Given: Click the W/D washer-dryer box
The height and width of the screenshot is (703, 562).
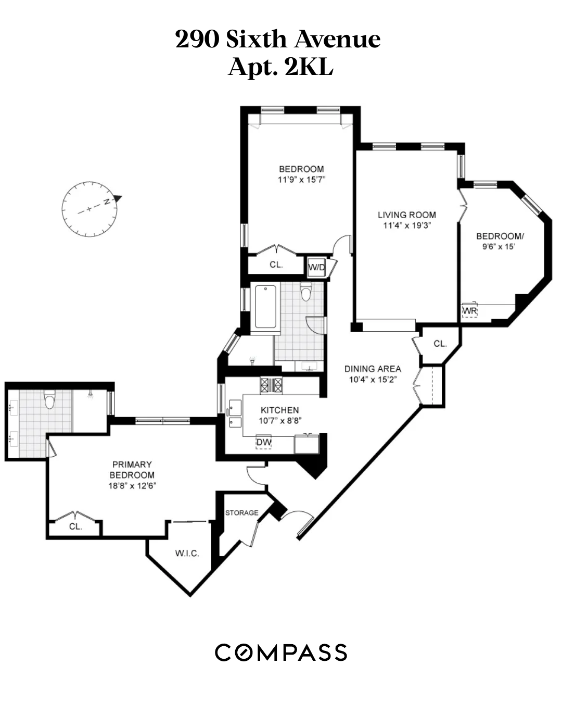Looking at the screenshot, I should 316,268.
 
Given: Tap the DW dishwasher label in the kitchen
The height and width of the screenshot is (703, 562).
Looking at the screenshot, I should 264,443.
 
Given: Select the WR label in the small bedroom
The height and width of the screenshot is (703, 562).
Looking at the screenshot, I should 469,311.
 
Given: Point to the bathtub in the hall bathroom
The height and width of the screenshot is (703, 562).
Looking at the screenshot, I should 265,307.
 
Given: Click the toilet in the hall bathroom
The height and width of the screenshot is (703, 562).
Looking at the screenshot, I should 306,294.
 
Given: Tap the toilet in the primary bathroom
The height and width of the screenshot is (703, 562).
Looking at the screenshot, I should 50,400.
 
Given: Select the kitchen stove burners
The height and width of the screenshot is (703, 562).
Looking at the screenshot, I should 271,385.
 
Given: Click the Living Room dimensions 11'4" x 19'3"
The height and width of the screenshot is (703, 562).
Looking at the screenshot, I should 407,225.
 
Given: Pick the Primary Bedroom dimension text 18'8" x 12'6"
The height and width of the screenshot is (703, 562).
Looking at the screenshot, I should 132,486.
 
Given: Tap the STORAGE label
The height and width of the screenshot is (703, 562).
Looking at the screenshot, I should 241,513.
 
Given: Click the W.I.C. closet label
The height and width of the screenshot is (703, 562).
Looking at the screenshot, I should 187,553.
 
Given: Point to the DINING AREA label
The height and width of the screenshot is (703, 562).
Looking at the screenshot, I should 373,369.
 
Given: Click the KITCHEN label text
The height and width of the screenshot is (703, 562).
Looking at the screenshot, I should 279,410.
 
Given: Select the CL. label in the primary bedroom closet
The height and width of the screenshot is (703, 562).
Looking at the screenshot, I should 75,526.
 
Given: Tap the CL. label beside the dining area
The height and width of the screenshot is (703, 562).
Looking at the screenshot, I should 440,344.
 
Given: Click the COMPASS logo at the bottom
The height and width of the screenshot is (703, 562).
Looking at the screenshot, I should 281,652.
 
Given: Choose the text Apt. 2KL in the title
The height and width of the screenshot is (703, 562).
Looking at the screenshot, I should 280,67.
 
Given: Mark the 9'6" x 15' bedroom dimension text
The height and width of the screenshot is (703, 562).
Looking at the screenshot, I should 499,247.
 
